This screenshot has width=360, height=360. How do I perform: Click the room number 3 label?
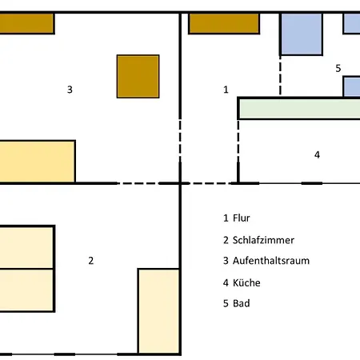pos(70,90)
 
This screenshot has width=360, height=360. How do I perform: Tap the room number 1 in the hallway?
pos(226,90)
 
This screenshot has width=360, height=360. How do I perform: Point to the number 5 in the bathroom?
pos(338,69)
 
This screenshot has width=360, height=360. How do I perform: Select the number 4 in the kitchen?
pos(317,154)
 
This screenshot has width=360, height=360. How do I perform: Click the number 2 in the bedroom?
pos(91,261)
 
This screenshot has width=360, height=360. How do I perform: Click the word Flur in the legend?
pos(242,218)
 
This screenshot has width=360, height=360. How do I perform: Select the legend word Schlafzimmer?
pos(263,240)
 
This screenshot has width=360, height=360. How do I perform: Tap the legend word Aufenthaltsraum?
pos(271,261)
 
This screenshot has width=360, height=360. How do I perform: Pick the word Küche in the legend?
pos(246,282)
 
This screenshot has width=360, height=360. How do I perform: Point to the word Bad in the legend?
pos(242,303)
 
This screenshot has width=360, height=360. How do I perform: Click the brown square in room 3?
pos(138,77)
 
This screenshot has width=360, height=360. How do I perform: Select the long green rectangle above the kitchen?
pos(299,108)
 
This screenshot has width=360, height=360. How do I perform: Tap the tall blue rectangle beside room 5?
pos(302,34)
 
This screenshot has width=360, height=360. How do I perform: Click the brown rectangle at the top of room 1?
pos(224,23)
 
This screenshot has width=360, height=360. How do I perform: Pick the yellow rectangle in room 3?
pos(38,162)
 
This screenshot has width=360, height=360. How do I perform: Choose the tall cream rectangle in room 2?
pos(159,311)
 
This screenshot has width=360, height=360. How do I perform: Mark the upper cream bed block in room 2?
pos(27,247)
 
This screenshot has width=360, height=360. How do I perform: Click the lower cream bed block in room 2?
pos(27,290)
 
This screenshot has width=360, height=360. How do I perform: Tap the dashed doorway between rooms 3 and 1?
pos(180,141)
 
